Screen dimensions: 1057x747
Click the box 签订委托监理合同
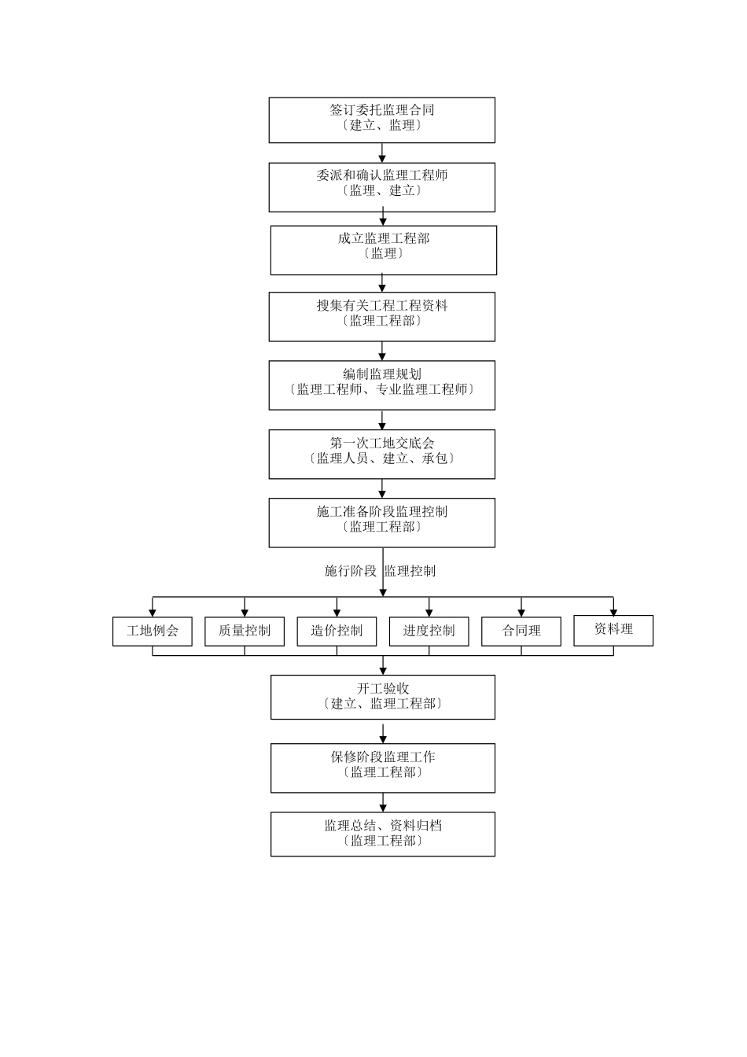coord(381,120)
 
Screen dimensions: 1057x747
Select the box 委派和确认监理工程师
coord(381,187)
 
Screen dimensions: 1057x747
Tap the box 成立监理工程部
coord(383,250)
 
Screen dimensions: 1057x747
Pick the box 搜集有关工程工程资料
coord(381,317)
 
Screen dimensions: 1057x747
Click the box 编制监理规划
coord(381,385)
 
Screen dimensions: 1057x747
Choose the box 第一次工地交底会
coord(381,454)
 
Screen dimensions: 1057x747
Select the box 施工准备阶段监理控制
coord(381,522)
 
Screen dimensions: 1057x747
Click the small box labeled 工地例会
coord(152,632)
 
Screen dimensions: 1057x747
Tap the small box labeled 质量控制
coord(245,632)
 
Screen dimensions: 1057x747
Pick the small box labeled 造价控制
coord(337,632)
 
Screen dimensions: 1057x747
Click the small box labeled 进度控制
coord(429,632)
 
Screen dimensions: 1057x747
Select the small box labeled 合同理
coord(521,632)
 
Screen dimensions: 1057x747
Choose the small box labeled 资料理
coord(613,630)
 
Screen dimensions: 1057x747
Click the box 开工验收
coord(383,697)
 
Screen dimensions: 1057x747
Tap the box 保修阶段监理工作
coord(383,768)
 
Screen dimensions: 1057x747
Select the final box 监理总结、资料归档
coord(383,834)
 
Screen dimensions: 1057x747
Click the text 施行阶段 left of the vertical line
coord(351,571)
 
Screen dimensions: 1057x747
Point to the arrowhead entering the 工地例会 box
coord(153,613)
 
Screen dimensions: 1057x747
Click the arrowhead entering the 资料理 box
coord(613,611)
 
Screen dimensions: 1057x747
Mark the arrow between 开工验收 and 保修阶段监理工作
coord(384,733)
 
